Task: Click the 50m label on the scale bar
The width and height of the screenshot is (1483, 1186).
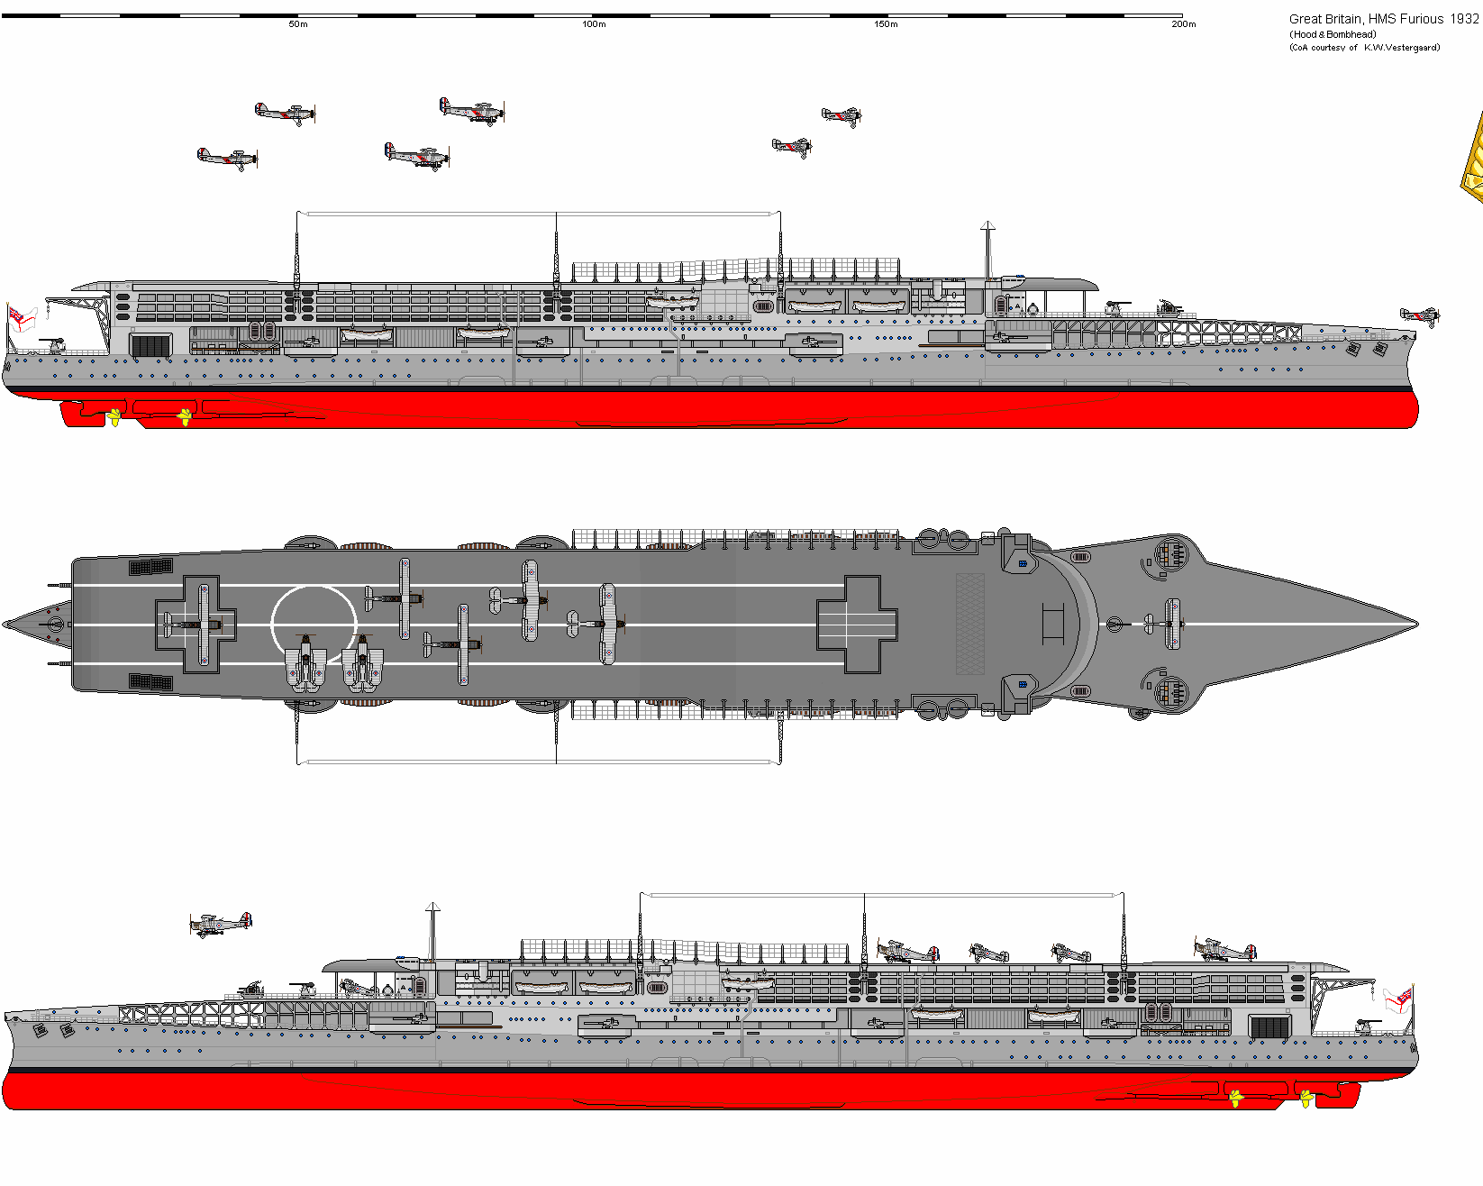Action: [x=298, y=24]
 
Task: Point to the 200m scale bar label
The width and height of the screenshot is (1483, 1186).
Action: [x=1183, y=24]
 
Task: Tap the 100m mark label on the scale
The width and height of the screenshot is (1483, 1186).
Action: [x=594, y=24]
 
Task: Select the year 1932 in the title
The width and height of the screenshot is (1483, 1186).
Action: [x=1464, y=19]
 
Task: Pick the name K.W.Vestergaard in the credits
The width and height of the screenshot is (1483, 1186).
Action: [x=1401, y=48]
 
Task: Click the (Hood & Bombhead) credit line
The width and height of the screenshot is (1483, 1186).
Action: [x=1333, y=34]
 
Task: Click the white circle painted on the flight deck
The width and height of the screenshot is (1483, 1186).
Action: [x=314, y=624]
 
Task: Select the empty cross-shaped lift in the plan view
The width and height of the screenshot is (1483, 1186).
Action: [x=857, y=624]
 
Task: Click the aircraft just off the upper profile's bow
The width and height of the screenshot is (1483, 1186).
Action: [x=1420, y=315]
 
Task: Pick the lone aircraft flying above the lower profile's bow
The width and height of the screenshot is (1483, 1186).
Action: [x=221, y=924]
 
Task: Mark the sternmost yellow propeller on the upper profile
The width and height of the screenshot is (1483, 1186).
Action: [x=114, y=417]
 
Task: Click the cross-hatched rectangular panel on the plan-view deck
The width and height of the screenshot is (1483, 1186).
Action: [x=969, y=624]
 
